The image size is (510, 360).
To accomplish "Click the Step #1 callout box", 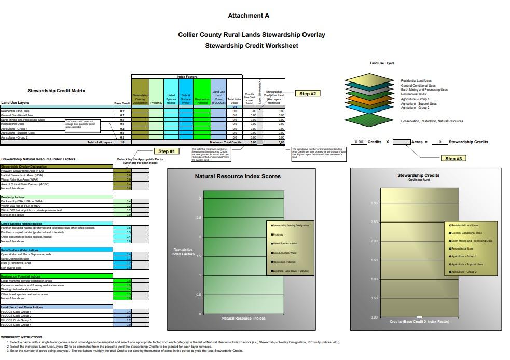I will pos(167,151).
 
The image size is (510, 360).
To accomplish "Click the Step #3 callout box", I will pos(453,158).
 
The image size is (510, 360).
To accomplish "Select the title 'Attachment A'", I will pos(249,16).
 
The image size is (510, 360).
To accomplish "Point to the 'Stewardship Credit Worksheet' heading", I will pos(252,46).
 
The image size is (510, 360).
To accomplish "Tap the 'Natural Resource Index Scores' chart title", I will pos(238,176).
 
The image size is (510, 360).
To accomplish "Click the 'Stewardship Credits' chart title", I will pos(418,175).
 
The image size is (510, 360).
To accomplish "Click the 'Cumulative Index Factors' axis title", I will pos(182,252).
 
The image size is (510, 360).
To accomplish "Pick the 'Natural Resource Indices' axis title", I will pos(244,318).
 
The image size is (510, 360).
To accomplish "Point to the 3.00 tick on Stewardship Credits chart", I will pos(374,203).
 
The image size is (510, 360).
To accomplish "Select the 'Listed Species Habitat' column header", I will pos(171,99).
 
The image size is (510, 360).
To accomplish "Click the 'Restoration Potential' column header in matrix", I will pos(202,99).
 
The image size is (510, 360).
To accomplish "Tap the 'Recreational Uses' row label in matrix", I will pos(12,124).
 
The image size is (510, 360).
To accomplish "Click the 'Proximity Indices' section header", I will pos(13,197).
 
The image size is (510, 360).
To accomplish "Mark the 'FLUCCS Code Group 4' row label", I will pos(16,325).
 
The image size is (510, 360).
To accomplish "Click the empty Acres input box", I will pos(401,142).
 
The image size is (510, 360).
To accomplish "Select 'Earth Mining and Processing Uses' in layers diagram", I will pos(424,90).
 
